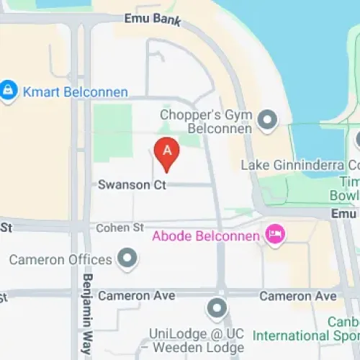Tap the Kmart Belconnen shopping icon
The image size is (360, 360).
tap(9, 91)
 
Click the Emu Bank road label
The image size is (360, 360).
tap(152, 19)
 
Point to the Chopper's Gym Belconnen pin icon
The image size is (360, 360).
tap(267, 120)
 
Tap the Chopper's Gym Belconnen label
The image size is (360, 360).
tap(205, 121)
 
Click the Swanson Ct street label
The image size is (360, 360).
tap(132, 185)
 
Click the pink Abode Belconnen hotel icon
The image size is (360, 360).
tap(274, 234)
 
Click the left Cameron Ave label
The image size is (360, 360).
tap(137, 295)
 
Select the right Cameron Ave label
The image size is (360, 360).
tap(297, 296)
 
